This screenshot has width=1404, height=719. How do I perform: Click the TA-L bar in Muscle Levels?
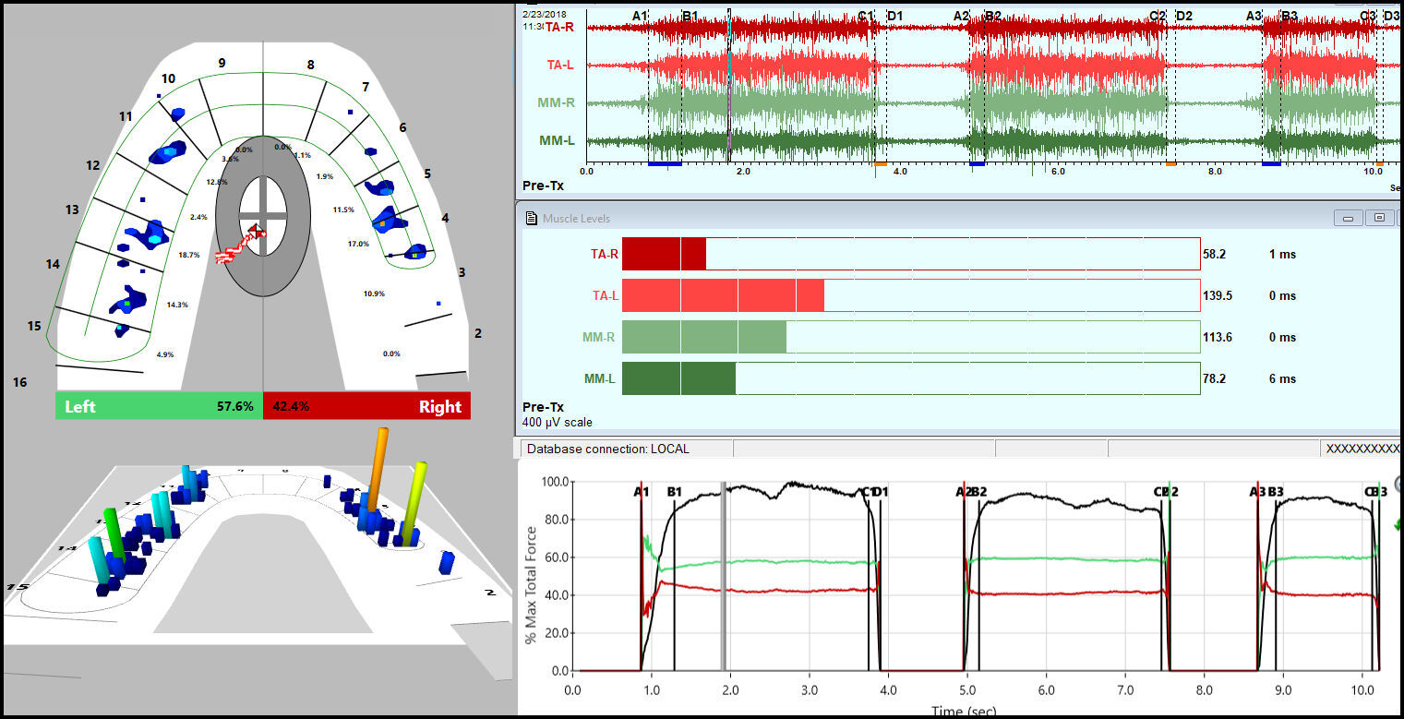[x=723, y=295]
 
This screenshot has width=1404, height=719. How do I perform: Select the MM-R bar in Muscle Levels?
[x=704, y=337]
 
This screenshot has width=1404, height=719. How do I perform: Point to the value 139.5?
[x=1217, y=295]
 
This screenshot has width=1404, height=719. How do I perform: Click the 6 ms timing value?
[x=1282, y=378]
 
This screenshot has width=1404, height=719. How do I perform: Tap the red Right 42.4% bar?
[x=367, y=406]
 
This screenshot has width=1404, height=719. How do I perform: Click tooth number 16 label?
[x=19, y=382]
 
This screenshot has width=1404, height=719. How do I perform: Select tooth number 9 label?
[x=222, y=63]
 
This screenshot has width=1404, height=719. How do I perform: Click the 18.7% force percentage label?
[x=188, y=255]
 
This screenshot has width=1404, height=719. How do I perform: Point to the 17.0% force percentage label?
[x=358, y=244]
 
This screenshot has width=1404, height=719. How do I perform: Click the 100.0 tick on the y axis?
[x=551, y=482]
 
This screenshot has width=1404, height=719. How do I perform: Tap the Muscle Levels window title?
[x=577, y=218]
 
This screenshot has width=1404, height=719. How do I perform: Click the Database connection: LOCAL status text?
[x=607, y=449]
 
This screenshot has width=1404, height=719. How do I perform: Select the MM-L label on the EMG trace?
[x=558, y=140]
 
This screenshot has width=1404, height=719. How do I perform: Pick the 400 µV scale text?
[x=558, y=422]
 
